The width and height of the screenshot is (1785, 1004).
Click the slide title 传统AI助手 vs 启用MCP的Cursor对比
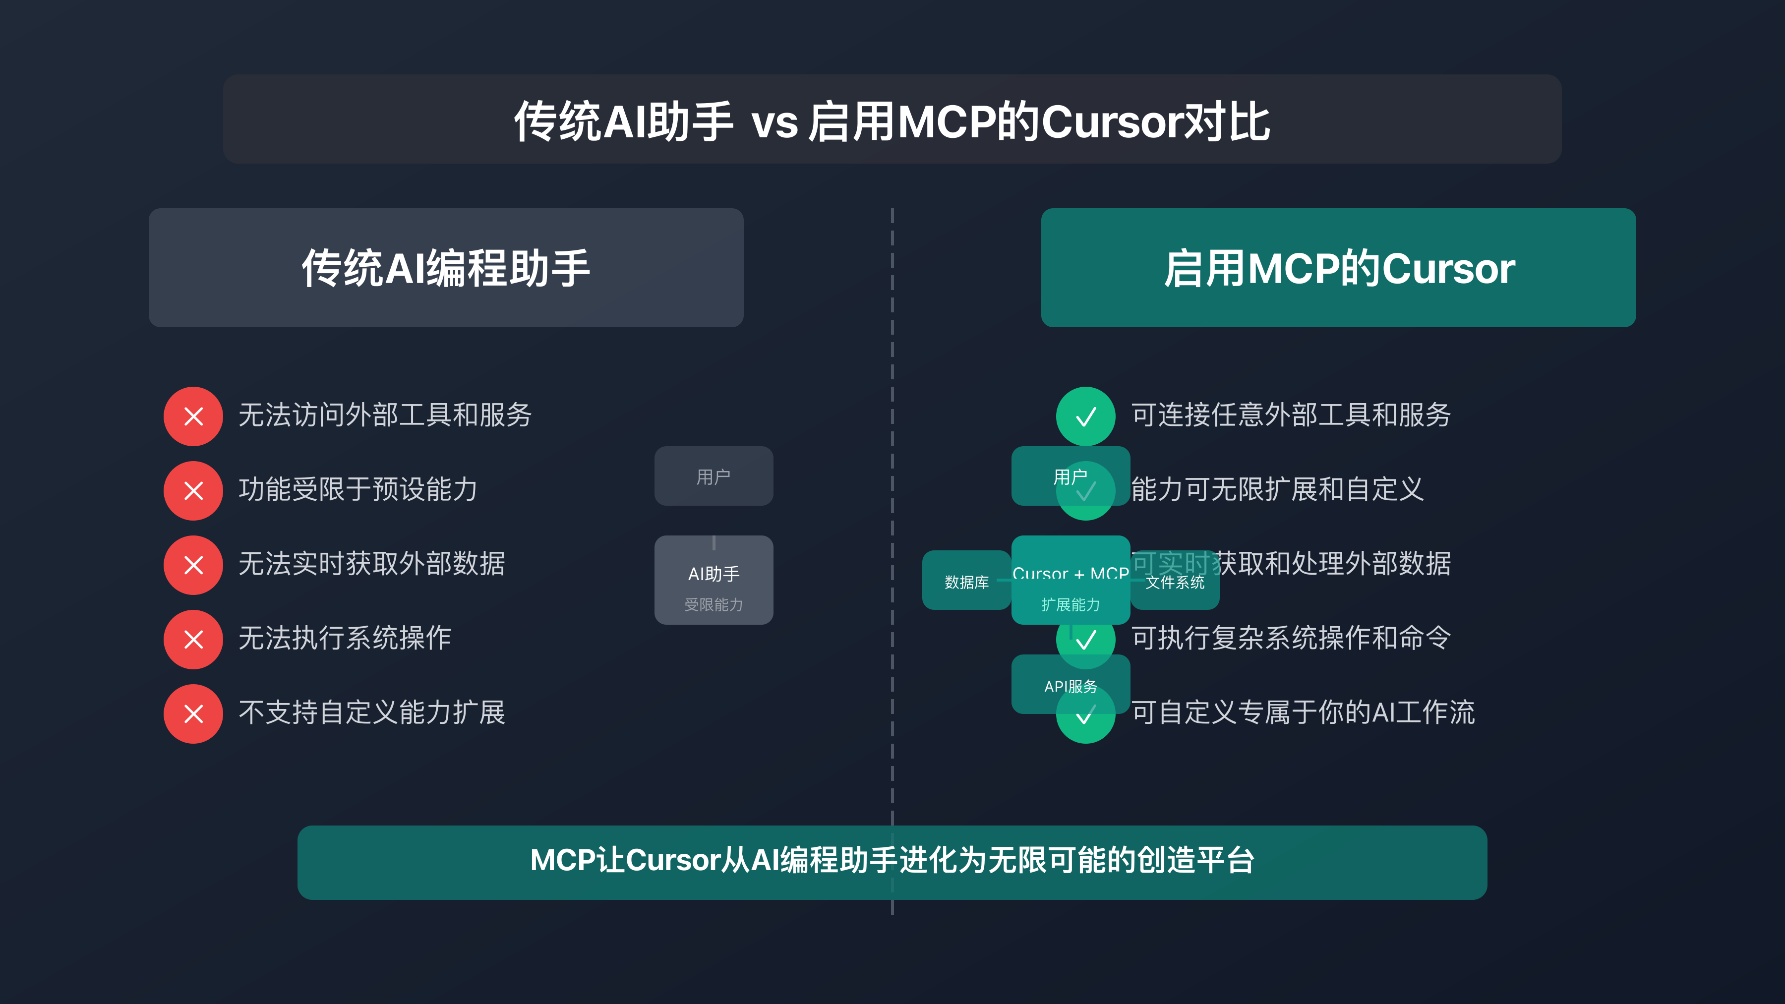click(892, 121)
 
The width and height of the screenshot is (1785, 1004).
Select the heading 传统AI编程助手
click(446, 268)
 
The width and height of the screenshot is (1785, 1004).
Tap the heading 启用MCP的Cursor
click(1338, 268)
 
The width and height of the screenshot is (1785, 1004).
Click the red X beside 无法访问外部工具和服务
click(193, 416)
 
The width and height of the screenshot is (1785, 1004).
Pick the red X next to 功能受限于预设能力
click(193, 490)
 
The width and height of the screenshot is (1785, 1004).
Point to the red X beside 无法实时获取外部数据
click(193, 565)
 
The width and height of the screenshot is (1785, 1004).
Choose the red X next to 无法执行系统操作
click(193, 640)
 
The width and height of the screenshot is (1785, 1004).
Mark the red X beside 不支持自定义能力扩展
click(193, 713)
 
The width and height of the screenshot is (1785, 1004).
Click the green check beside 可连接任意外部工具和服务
click(1085, 416)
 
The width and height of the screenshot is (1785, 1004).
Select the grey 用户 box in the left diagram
click(714, 476)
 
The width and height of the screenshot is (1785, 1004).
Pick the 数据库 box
click(966, 582)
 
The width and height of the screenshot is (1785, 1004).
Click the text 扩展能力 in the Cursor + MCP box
click(1071, 605)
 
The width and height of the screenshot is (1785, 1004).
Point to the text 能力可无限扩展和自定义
click(1277, 489)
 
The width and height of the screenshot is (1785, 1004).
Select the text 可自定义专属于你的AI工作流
click(1303, 712)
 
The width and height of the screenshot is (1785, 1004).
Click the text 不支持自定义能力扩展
click(372, 712)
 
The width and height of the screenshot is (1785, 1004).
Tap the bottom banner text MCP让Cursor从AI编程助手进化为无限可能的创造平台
click(892, 861)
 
